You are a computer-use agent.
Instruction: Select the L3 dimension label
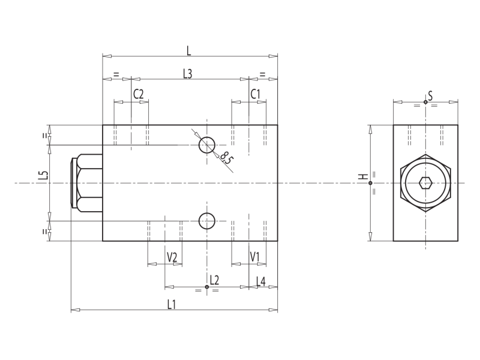188,73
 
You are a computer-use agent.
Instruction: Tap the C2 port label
139,94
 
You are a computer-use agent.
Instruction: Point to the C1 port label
256,94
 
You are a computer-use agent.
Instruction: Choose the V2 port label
172,257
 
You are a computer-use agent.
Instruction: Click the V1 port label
255,257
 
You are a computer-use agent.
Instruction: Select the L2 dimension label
214,280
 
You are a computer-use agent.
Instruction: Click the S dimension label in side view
430,95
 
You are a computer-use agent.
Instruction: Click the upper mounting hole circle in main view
207,145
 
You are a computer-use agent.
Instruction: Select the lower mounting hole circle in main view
207,221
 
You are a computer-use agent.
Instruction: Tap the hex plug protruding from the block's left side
87,183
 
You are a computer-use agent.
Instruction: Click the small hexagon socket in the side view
425,183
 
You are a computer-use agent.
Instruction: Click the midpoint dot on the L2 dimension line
207,287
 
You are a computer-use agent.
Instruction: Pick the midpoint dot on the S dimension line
425,103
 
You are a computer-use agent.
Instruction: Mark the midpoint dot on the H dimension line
370,183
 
